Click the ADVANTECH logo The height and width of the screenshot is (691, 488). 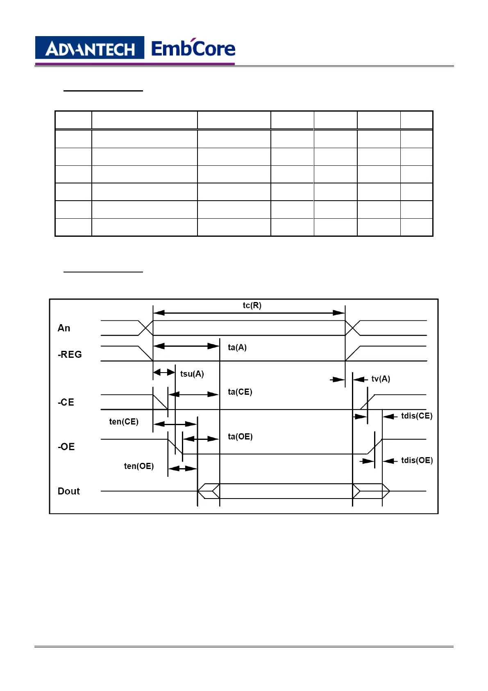click(90, 48)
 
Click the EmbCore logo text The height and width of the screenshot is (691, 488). click(193, 48)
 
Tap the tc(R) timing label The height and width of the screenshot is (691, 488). click(252, 305)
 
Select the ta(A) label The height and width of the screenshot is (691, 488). click(237, 348)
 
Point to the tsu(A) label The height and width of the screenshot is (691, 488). click(192, 374)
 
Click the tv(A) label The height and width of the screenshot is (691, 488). click(381, 379)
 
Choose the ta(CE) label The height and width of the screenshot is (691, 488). click(240, 392)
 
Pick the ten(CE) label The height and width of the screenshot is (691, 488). click(124, 422)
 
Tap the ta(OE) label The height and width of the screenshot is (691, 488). click(240, 437)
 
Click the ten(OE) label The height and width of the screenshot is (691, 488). click(139, 466)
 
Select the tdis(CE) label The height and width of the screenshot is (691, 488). click(417, 416)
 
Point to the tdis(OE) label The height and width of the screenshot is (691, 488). click(417, 460)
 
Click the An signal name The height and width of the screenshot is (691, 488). click(64, 328)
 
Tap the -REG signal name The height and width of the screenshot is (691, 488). click(70, 355)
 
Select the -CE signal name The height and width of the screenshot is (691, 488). click(66, 403)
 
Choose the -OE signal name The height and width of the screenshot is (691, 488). click(66, 447)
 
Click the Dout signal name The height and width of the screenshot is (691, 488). click(69, 491)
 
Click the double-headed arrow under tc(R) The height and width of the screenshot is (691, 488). click(249, 313)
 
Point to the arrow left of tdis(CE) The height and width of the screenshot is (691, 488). click(390, 416)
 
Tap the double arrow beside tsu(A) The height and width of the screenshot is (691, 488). click(164, 373)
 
